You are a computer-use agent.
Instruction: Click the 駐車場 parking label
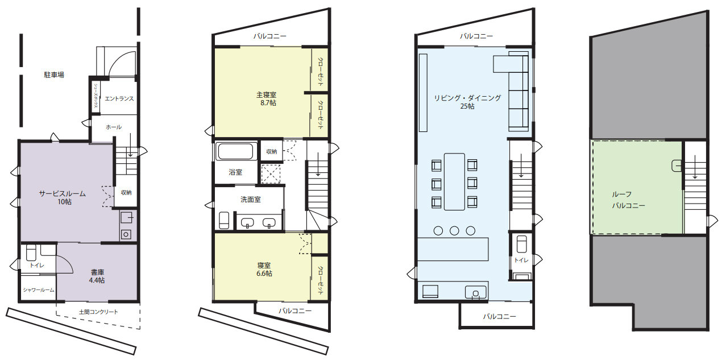[54, 75]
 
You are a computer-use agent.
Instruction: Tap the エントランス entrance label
[119, 98]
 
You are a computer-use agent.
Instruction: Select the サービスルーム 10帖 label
[63, 197]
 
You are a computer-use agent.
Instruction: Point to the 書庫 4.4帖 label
[97, 276]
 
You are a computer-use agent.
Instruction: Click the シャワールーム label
[39, 290]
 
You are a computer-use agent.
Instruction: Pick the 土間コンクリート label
[98, 312]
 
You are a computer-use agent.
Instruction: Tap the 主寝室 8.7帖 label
[267, 99]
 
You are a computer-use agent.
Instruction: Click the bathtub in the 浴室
[235, 151]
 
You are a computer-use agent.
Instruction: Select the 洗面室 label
[251, 200]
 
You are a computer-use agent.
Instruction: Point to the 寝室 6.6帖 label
[264, 270]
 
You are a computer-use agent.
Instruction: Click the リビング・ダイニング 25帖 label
[467, 102]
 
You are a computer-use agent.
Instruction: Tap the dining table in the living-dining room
[454, 181]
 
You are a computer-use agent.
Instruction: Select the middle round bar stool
[454, 230]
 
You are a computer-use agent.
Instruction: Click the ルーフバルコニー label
[628, 200]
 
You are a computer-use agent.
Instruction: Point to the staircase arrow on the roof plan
[695, 167]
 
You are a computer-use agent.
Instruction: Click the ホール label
[114, 127]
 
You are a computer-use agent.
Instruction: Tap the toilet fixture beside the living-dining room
[521, 244]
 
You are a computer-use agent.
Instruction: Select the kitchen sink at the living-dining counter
[475, 292]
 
